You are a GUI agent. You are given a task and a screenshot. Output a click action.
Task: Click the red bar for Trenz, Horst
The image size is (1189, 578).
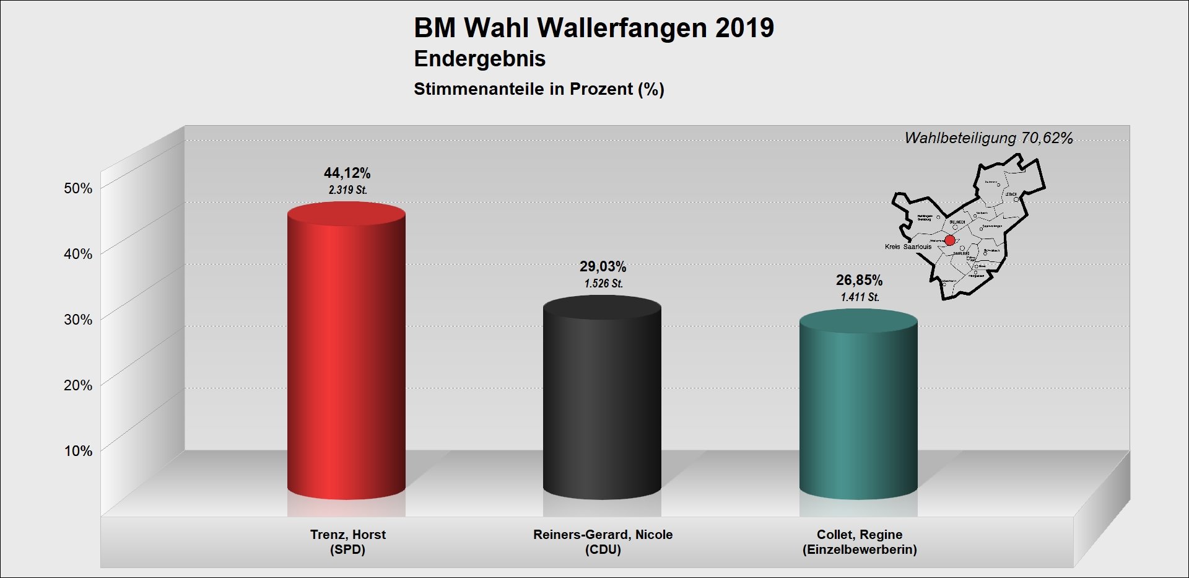(346, 353)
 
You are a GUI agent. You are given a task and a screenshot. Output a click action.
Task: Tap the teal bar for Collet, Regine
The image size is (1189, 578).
(858, 409)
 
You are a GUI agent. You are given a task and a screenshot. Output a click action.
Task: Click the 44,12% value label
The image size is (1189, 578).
(347, 173)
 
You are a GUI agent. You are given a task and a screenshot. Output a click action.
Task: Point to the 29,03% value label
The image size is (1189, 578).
(603, 267)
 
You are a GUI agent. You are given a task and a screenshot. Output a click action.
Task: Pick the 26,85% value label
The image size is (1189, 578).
(859, 281)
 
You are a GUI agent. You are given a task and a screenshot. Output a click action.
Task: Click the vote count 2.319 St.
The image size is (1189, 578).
(347, 190)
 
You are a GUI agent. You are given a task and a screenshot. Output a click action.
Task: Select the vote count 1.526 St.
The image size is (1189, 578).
(603, 284)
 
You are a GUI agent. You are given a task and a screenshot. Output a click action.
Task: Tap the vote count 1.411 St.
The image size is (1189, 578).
(860, 297)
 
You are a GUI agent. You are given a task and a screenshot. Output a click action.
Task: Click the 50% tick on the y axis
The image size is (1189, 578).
(78, 188)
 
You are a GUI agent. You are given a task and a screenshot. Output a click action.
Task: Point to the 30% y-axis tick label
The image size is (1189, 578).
(78, 320)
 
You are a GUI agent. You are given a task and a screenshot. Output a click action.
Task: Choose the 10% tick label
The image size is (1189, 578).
(78, 451)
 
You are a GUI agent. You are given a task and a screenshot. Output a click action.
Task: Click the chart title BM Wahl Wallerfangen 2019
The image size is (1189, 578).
(594, 28)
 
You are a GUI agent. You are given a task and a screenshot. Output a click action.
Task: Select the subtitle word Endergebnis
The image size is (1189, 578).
(479, 59)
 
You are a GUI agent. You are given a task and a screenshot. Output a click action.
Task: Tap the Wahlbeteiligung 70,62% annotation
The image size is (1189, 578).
(988, 138)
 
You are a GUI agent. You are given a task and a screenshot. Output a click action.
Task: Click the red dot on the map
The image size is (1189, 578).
(949, 240)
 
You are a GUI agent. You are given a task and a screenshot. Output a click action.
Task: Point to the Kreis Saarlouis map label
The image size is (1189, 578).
(908, 247)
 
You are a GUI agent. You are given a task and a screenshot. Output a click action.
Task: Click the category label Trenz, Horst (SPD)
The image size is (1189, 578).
(347, 542)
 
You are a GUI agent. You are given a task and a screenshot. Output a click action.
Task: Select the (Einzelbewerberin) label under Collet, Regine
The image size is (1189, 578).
(860, 550)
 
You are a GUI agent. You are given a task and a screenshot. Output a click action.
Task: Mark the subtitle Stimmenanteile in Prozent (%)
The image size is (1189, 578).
(539, 89)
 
